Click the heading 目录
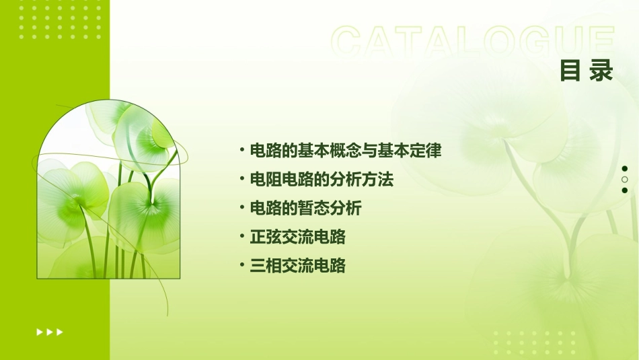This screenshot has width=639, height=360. tap(587, 70)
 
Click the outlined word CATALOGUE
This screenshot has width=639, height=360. tap(473, 42)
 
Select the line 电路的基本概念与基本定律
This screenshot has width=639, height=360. tap(345, 151)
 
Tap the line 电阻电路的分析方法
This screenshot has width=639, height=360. tap(321, 180)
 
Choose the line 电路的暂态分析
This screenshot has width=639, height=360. tap(305, 208)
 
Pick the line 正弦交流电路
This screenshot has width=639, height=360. tap(297, 237)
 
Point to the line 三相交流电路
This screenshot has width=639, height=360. tap(297, 266)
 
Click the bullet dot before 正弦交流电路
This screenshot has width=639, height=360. tap(242, 236)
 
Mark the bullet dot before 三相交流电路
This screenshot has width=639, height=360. tap(242, 265)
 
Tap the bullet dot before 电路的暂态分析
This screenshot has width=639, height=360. tap(242, 207)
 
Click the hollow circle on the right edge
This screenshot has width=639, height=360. tap(625, 180)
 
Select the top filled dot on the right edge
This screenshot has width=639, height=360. tap(625, 169)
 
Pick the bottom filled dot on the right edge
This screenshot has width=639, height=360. tap(625, 190)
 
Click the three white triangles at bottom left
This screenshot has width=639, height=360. tap(50, 332)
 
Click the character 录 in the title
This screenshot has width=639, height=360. tap(601, 70)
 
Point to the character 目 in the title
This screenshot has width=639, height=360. tap(571, 70)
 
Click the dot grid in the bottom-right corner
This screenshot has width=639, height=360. tap(535, 343)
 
